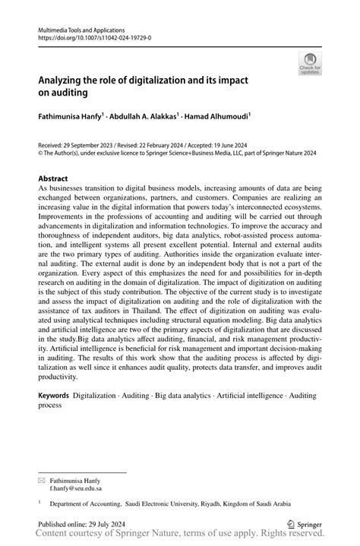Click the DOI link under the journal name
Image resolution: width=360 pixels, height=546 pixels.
(x=83, y=36)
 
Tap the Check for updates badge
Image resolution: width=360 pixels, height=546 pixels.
(x=310, y=65)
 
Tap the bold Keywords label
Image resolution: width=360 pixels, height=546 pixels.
(x=55, y=396)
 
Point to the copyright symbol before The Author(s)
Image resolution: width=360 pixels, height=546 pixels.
(x=41, y=151)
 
